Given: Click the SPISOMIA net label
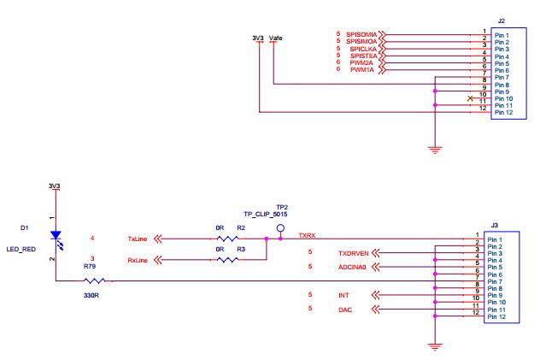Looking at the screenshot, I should [362, 34].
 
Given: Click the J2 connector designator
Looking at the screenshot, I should [501, 20].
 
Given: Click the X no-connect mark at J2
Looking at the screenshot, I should [471, 98].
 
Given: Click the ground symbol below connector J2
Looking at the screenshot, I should [436, 150].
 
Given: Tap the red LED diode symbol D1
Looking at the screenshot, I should [56, 234].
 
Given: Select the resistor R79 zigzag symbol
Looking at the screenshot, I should [93, 280].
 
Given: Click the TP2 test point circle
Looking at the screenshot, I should [279, 228].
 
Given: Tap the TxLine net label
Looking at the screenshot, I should [138, 239].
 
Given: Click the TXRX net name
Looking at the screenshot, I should [307, 234].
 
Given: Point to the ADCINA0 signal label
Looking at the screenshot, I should [352, 267].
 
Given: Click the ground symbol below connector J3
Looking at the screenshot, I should [436, 346].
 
